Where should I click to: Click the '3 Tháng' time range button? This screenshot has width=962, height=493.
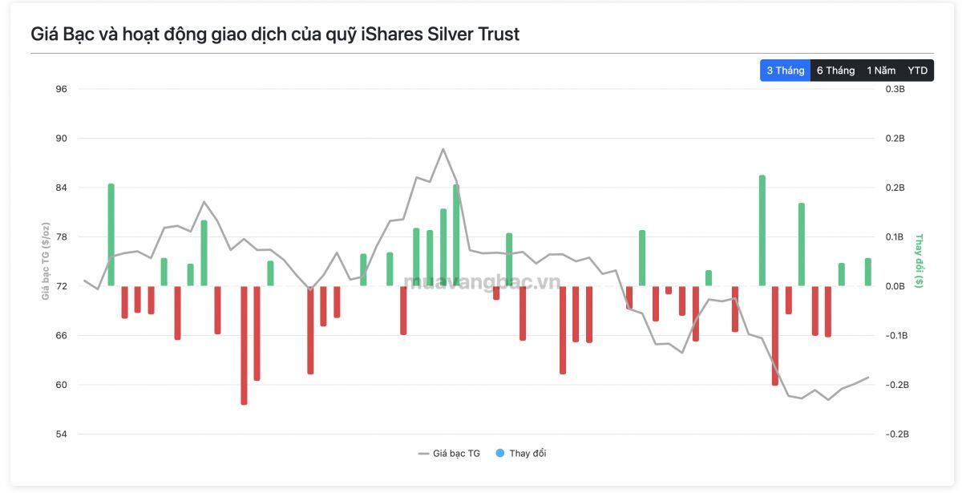(785, 71)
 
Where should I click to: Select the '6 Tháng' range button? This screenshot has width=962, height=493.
(835, 71)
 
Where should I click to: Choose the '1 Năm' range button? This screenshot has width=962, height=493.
(881, 71)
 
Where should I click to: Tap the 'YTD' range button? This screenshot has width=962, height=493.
(917, 71)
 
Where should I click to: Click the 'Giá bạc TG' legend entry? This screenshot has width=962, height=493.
(449, 454)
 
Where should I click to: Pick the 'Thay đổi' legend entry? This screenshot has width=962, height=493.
(521, 454)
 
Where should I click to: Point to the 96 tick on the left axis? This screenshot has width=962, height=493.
(62, 89)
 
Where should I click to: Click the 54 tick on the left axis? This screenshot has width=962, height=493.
(62, 434)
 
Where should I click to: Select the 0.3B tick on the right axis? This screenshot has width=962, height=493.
(895, 89)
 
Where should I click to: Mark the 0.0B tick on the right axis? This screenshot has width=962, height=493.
(895, 286)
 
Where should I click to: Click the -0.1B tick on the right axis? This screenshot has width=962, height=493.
(897, 335)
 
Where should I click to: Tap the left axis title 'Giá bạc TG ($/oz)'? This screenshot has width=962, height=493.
(46, 261)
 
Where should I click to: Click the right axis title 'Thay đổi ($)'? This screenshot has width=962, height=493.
(919, 261)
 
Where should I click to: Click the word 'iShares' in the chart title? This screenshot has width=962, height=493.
(392, 34)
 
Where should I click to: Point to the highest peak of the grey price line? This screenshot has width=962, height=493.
(443, 149)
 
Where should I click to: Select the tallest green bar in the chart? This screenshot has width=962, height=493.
(762, 231)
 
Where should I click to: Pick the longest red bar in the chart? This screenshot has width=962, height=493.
(244, 346)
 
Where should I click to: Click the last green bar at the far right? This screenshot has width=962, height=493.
(868, 272)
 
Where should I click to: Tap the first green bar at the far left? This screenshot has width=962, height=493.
(111, 235)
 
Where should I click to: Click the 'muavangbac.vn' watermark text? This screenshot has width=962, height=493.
(482, 281)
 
